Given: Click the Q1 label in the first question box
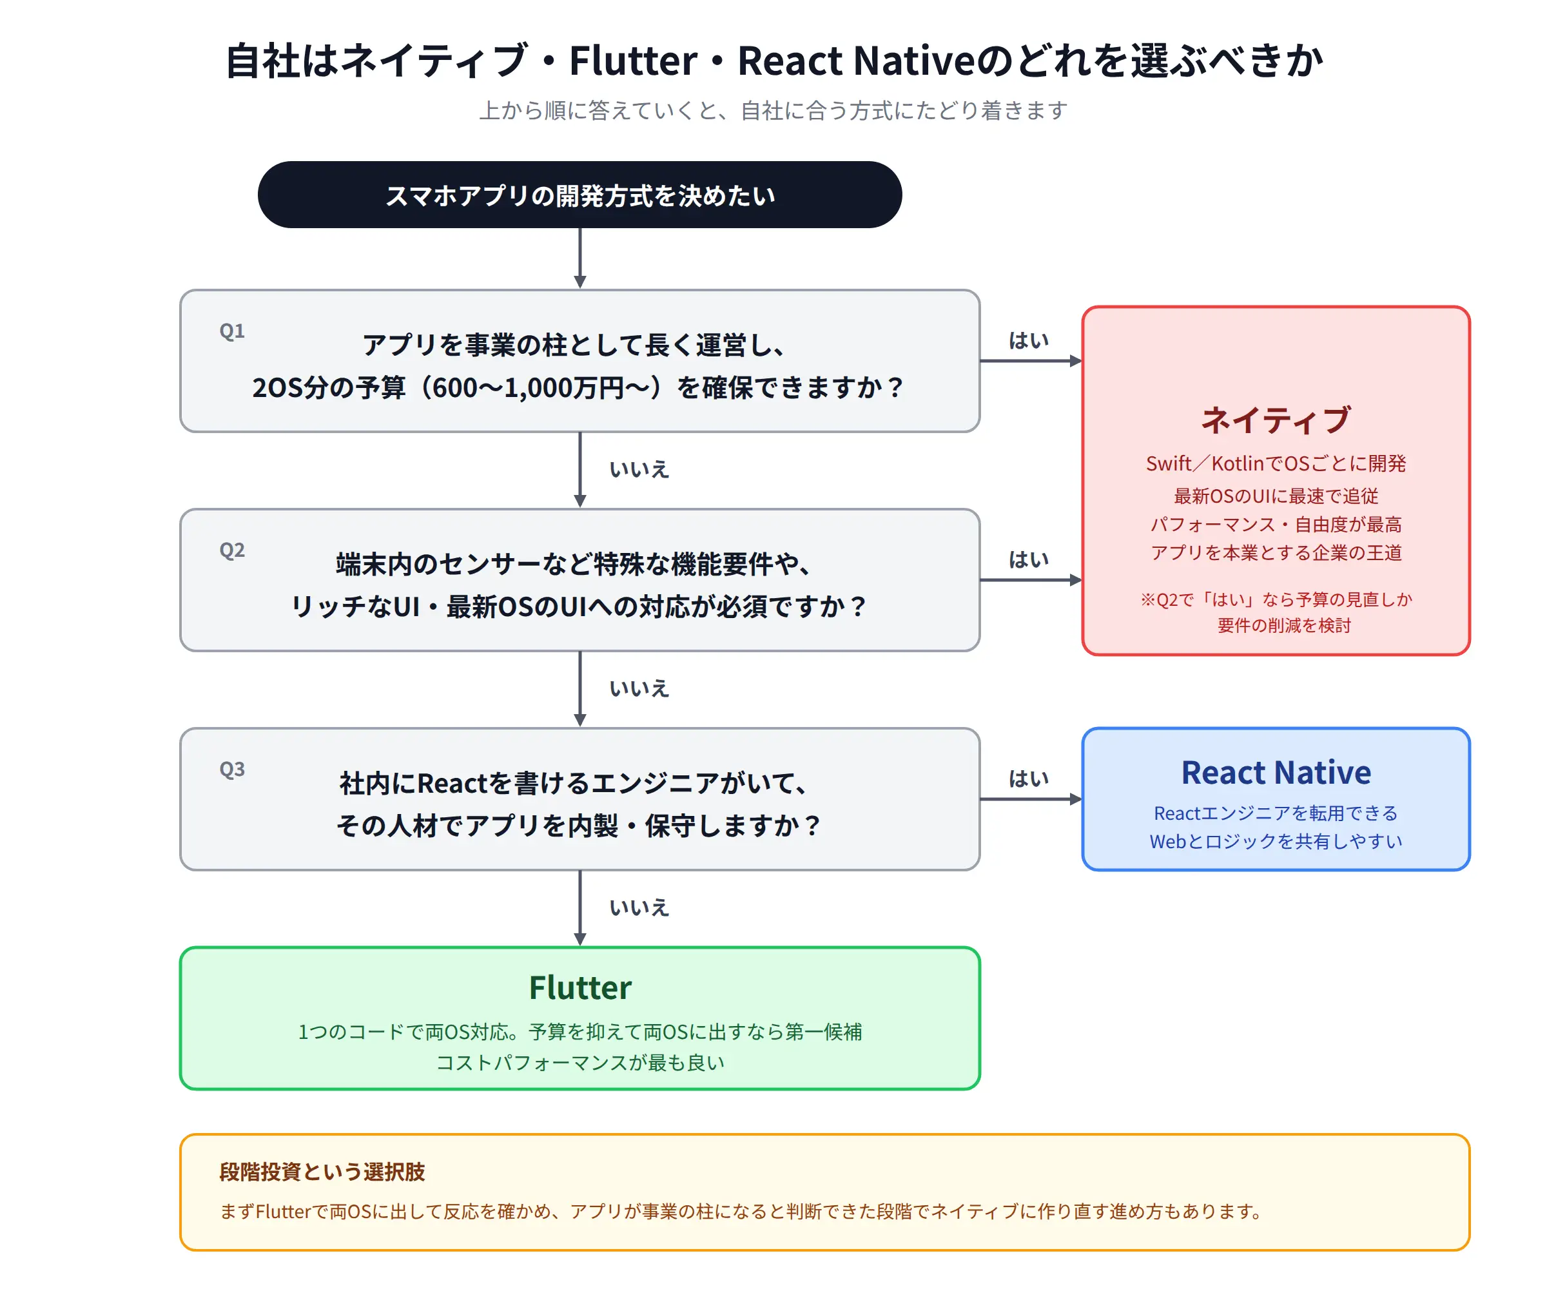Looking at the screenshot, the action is click(232, 331).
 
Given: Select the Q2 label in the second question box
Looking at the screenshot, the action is click(232, 550).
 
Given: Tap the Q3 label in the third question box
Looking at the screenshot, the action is click(232, 770).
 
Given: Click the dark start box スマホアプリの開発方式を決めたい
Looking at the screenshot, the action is click(579, 195).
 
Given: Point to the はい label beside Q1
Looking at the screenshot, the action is click(1028, 340).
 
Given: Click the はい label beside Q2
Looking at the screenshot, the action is click(1028, 560).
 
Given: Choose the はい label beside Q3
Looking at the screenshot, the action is click(1028, 779).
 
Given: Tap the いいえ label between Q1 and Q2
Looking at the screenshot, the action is click(639, 469).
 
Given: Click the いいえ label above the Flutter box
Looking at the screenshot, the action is click(639, 907).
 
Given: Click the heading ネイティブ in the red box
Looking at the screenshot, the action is click(1276, 420).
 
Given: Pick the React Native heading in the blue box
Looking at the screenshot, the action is click(1276, 773).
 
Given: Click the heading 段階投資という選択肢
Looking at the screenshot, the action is click(322, 1172).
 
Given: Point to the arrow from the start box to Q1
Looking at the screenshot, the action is click(579, 258).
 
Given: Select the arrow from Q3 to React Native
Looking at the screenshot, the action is click(1031, 799).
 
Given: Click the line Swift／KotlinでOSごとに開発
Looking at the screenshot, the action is click(1276, 463).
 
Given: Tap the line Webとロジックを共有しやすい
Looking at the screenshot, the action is click(1276, 841).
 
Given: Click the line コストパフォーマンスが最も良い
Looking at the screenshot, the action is click(579, 1062).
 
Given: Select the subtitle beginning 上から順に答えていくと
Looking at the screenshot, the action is click(773, 110).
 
